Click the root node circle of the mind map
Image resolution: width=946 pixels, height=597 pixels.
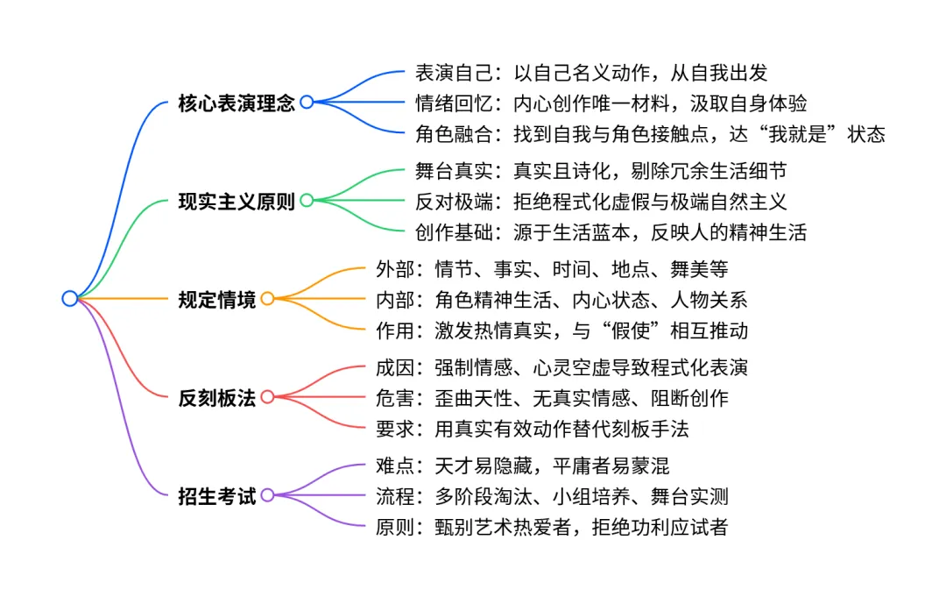coord(70,298)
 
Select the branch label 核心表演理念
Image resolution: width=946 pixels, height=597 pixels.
coord(236,103)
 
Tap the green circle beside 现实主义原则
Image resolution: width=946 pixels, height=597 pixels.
coord(307,201)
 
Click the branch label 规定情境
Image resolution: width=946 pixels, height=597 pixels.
coord(217,299)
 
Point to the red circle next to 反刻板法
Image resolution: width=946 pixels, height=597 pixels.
coord(267,397)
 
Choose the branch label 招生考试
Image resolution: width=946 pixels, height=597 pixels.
coord(217,495)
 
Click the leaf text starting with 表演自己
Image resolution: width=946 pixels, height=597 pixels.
coord(591,73)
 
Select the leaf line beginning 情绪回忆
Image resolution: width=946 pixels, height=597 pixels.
coord(611,103)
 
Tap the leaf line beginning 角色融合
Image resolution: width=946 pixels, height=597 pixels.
coord(650,134)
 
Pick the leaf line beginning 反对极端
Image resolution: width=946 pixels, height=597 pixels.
coord(601,202)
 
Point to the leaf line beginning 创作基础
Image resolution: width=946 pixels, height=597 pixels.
coord(611,232)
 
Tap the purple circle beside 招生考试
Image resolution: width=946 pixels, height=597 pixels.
coord(267,495)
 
